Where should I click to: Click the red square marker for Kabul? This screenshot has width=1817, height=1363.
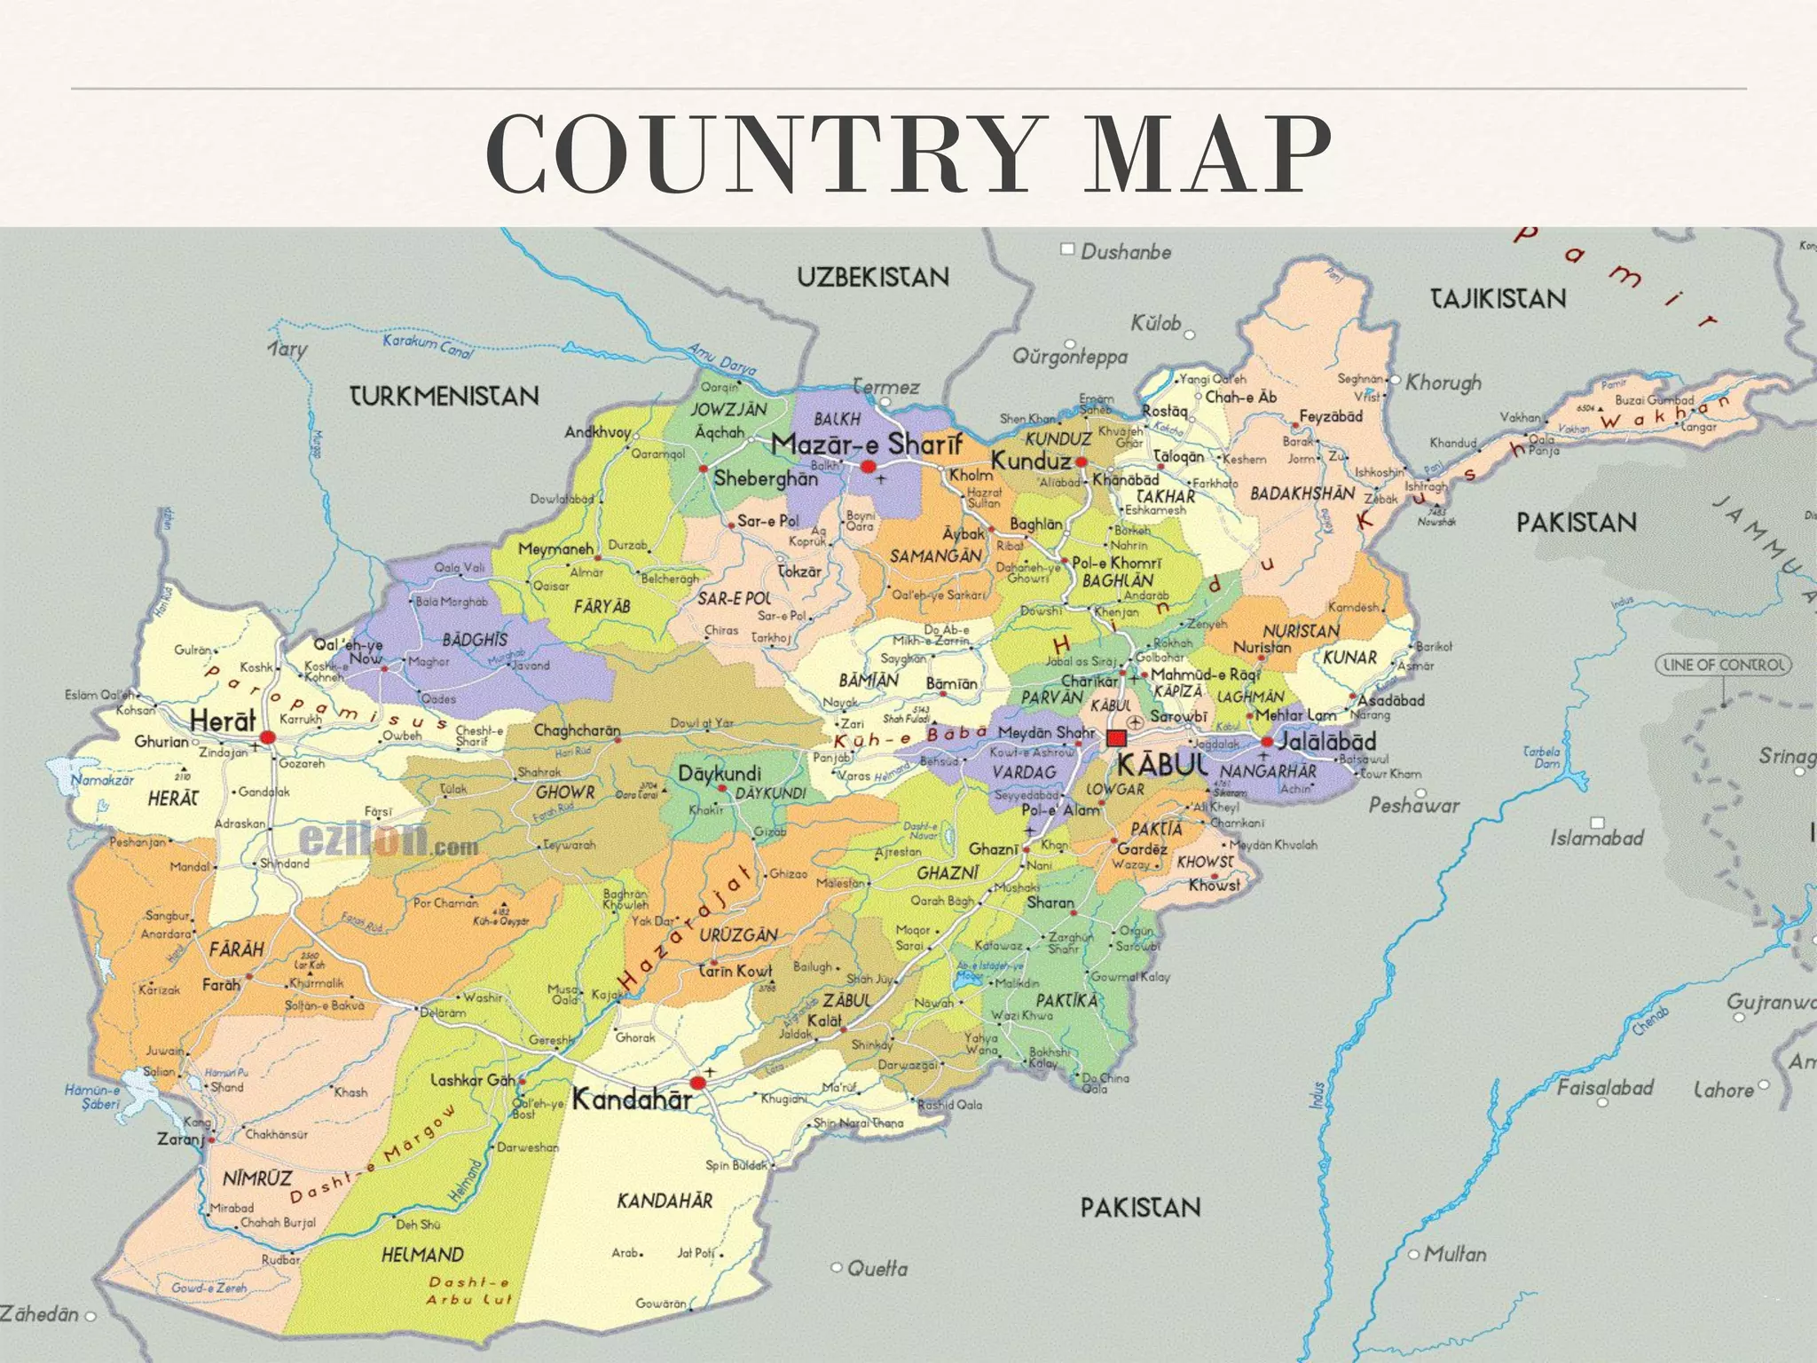tap(1116, 738)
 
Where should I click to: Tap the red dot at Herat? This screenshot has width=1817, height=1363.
tap(268, 737)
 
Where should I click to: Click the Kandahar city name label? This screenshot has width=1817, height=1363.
tap(632, 1099)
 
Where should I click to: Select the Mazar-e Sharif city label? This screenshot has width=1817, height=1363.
tap(866, 444)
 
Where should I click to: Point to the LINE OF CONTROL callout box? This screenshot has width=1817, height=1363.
tap(1723, 665)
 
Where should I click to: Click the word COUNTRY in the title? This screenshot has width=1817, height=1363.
tap(758, 154)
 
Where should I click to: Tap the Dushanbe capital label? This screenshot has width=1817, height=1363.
tap(1125, 252)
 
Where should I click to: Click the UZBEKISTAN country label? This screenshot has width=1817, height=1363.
tap(873, 278)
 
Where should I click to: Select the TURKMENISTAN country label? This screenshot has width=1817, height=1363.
tap(444, 396)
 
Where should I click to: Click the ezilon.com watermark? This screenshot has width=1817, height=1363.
tap(388, 839)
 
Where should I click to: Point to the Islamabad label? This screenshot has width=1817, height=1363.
tap(1597, 838)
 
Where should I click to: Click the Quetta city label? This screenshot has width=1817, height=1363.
tap(877, 1268)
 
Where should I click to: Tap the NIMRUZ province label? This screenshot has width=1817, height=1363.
tap(256, 1178)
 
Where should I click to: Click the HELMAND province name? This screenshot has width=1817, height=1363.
tap(422, 1255)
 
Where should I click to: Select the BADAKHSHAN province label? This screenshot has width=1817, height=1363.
tap(1302, 493)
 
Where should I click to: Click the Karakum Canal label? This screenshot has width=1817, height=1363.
tap(428, 346)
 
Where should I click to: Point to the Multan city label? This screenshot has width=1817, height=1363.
tap(1454, 1254)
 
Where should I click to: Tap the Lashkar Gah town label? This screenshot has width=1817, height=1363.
tap(472, 1080)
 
